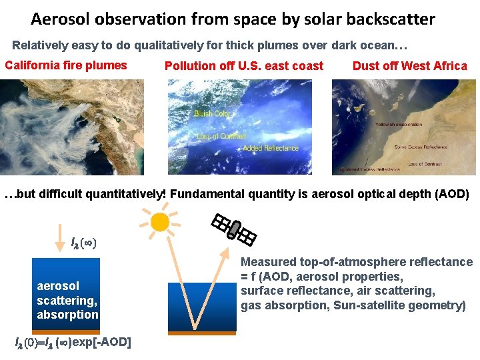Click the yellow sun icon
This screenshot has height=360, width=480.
(160, 221)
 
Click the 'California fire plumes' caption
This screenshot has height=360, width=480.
(65, 65)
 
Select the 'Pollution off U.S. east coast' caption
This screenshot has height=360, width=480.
(243, 66)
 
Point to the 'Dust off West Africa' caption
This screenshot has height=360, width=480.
(409, 66)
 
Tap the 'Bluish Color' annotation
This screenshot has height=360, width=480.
(212, 114)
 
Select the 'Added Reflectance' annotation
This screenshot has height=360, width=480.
(271, 148)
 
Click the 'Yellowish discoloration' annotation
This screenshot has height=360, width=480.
(399, 125)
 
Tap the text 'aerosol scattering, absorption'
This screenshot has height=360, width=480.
(67, 300)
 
